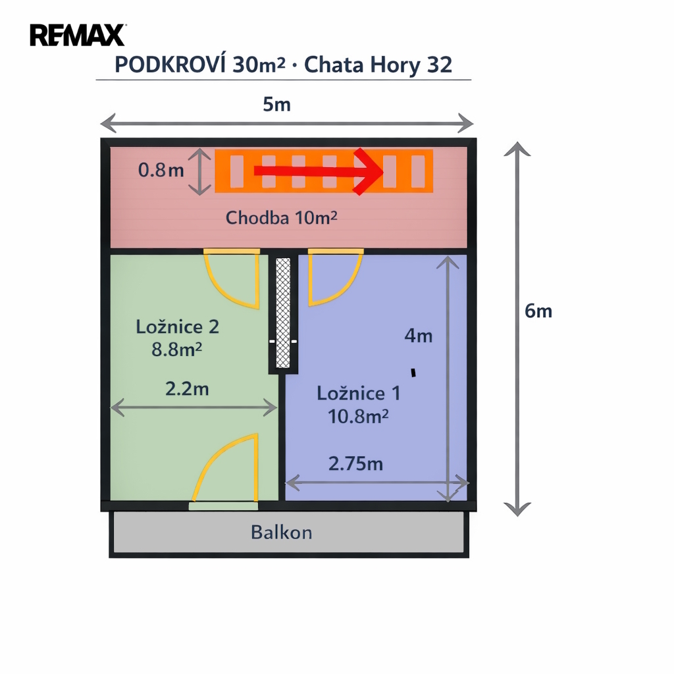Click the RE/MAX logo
(78, 35)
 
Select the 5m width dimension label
(276, 104)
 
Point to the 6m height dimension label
(538, 311)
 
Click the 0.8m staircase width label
(161, 171)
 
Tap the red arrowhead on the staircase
(369, 172)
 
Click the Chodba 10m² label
(281, 218)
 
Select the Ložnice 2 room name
(178, 326)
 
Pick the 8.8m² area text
(176, 349)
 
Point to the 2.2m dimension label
(187, 389)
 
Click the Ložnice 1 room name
(358, 394)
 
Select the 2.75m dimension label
(355, 464)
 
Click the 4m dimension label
(419, 336)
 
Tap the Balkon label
(282, 532)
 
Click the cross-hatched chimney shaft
(283, 313)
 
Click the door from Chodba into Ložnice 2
(232, 278)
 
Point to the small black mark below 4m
(413, 373)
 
